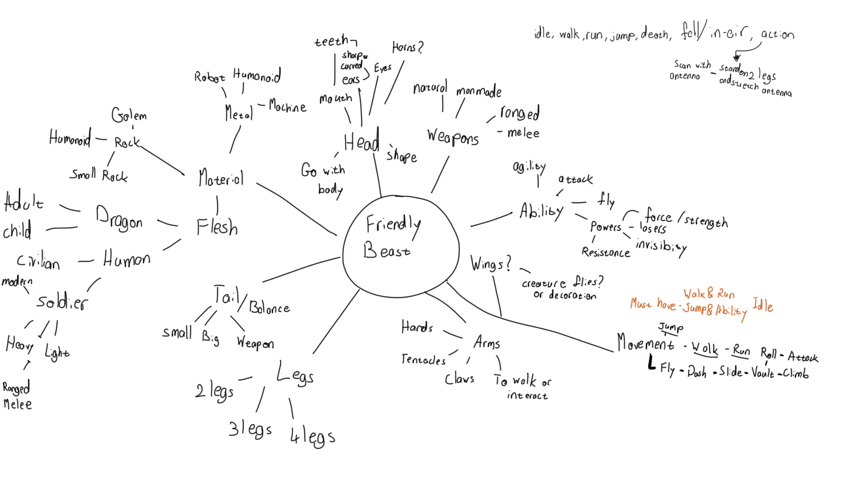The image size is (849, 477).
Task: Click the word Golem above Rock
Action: tap(129, 115)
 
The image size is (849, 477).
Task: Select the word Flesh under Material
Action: tap(217, 227)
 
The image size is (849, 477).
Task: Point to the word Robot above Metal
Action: tap(209, 77)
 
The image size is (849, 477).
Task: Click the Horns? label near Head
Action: tap(407, 47)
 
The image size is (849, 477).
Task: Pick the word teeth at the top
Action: tap(332, 42)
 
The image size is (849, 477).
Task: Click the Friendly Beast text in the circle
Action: tap(391, 237)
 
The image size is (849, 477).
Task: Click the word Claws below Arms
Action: tap(459, 379)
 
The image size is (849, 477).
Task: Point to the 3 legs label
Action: tap(250, 429)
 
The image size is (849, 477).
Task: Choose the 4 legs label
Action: tap(313, 437)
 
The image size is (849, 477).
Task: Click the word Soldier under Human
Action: tap(62, 302)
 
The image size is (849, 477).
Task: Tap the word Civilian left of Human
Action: tap(38, 261)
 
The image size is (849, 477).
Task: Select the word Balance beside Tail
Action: tap(270, 307)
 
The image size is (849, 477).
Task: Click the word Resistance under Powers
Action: tap(606, 252)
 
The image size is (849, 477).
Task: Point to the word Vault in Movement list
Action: tap(763, 373)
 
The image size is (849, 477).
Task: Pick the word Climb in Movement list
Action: tap(795, 374)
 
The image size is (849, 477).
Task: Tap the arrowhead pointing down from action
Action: tap(737, 57)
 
